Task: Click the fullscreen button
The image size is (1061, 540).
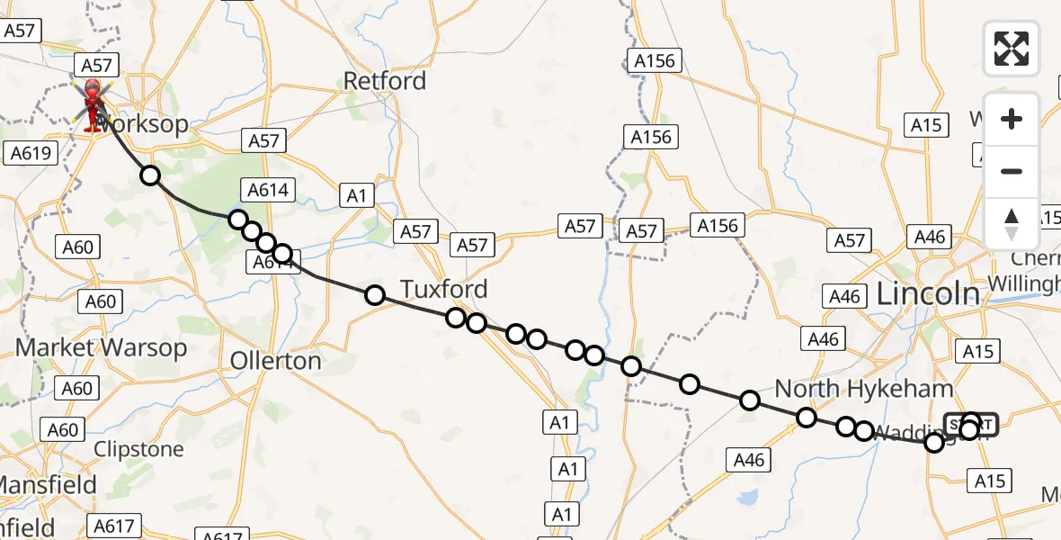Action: tap(1012, 49)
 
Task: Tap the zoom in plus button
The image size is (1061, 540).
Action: tap(1012, 120)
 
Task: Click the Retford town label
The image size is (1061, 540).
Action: tap(385, 81)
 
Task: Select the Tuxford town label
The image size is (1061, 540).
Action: tap(444, 289)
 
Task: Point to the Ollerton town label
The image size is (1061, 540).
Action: tap(276, 361)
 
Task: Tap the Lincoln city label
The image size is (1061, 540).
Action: tap(927, 293)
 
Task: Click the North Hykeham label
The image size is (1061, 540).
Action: tap(863, 389)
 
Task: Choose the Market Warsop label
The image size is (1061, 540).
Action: tap(102, 347)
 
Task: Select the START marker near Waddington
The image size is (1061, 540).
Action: tap(971, 424)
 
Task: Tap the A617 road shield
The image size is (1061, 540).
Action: tap(113, 526)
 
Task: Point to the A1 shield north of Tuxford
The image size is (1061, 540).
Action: tap(357, 195)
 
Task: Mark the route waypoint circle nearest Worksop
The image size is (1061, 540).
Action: tap(150, 175)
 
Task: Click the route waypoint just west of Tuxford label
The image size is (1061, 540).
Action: tap(375, 294)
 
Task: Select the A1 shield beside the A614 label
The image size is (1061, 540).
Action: tap(357, 195)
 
